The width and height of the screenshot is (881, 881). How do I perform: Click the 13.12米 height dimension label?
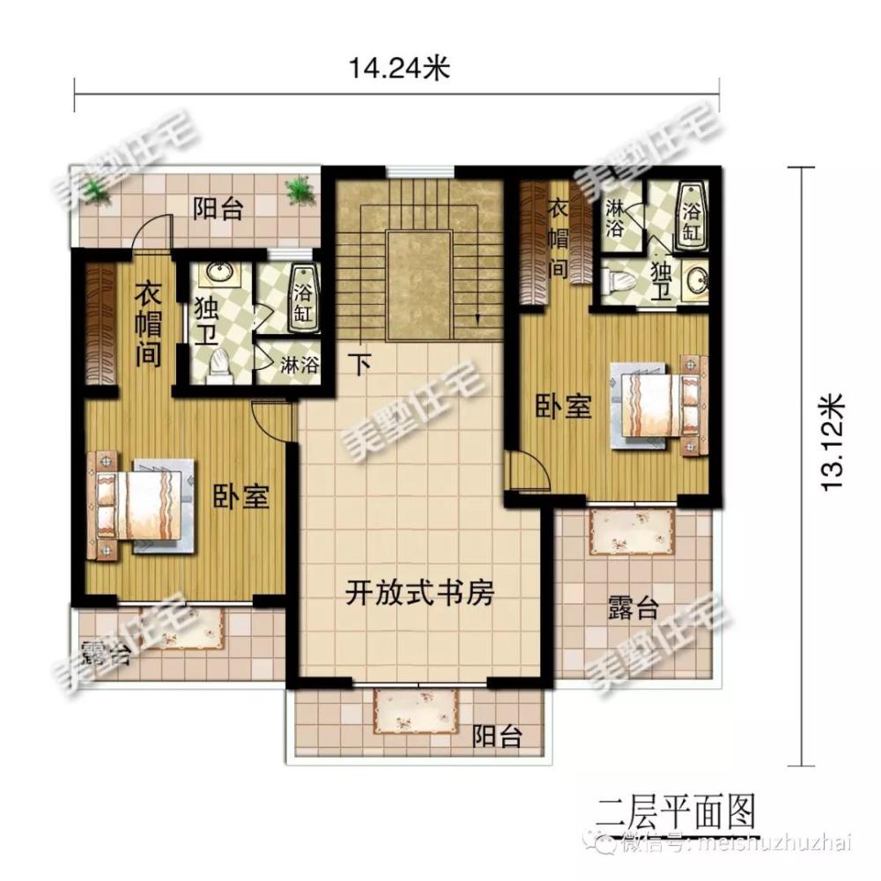pyautogui.click(x=833, y=440)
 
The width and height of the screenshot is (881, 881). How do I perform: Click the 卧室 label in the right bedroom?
pyautogui.click(x=564, y=407)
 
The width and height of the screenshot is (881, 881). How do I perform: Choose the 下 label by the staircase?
pyautogui.click(x=358, y=363)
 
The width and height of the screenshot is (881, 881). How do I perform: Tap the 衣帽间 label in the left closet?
pyautogui.click(x=147, y=327)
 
